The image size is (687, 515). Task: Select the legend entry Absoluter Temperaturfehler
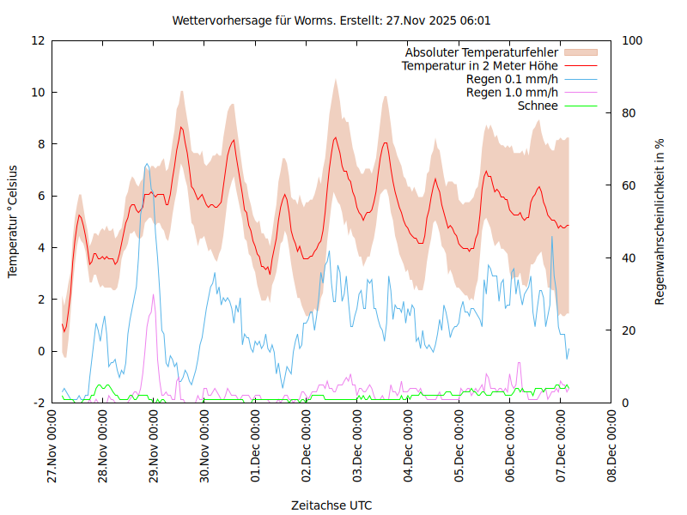coord(482,52)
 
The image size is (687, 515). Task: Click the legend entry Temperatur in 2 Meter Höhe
coord(480,66)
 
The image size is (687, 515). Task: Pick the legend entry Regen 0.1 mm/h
coord(512,79)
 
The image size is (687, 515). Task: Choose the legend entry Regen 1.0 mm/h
coord(512,93)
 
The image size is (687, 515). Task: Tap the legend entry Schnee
coord(538,106)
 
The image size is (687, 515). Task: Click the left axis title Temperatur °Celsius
coord(13,221)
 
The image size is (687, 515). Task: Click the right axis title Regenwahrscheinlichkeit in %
coord(660,221)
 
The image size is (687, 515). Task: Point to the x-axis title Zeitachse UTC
coord(331,505)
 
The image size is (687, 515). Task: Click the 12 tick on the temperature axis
coord(39,40)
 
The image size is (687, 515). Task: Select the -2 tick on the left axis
coord(39,403)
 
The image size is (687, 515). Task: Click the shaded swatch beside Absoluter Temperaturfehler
coord(580,52)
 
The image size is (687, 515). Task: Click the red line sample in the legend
coord(580,66)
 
